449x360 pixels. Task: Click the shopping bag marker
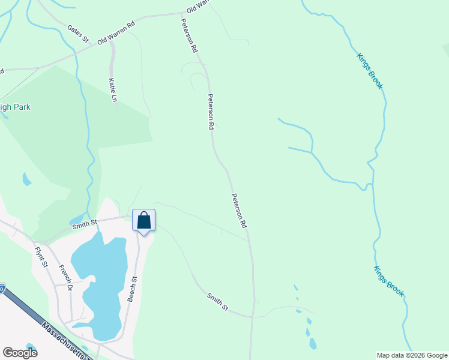(143, 221)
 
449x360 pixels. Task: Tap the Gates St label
(79, 34)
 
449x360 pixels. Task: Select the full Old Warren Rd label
(116, 31)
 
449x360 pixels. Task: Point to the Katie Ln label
(112, 89)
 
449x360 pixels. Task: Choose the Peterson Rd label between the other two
(211, 112)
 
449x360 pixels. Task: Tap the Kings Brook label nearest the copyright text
(389, 281)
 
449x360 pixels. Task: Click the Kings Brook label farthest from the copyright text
(370, 71)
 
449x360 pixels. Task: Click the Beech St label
(132, 289)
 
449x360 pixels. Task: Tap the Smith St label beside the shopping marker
(85, 225)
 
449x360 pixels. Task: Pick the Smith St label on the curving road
(218, 302)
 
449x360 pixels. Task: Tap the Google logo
(20, 353)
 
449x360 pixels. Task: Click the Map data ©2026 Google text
(412, 355)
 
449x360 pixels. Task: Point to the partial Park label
(15, 107)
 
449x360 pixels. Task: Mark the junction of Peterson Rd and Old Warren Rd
(182, 13)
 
